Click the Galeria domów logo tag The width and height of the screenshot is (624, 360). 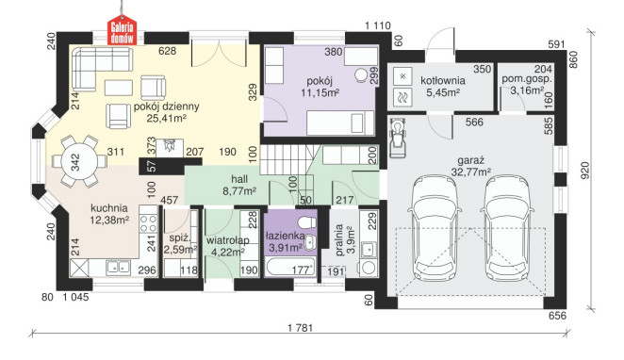tap(123, 30)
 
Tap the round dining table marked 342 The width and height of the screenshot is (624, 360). tap(75, 162)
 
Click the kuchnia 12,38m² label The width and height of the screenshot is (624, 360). tap(109, 214)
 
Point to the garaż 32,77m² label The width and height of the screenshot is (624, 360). tap(470, 166)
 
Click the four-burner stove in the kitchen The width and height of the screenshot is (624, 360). tap(148, 223)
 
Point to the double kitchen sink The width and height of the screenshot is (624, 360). tap(118, 267)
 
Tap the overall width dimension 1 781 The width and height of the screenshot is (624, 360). tap(301, 328)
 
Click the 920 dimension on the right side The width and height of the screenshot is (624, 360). tap(585, 170)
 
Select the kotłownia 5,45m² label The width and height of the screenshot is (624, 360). tap(442, 87)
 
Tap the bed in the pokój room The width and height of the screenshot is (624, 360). tap(340, 123)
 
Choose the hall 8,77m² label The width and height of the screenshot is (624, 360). tap(239, 185)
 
